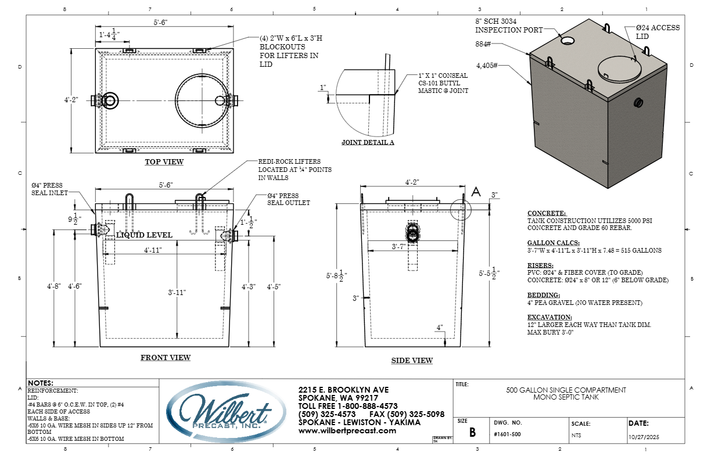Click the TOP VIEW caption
tap(164, 162)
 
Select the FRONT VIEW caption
tap(166, 358)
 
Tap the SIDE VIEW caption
tap(412, 361)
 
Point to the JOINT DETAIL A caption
tap(368, 142)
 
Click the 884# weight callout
tap(483, 44)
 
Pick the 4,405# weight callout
tap(487, 66)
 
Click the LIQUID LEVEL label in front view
tap(144, 235)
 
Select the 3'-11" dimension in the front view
tap(177, 292)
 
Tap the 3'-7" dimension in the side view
tap(398, 246)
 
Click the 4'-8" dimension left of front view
tap(53, 286)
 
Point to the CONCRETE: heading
tap(547, 213)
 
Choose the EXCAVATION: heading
tap(550, 317)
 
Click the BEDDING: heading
tap(544, 295)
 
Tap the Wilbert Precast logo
tap(226, 412)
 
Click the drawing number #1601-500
tap(507, 434)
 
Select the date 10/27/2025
tap(644, 437)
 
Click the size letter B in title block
tap(473, 432)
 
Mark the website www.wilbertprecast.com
tap(347, 431)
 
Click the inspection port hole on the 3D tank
tap(567, 40)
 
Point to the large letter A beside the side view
tap(476, 192)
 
